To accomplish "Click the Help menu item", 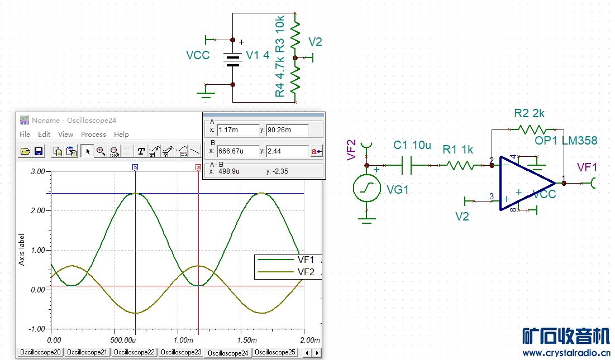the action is [x=121, y=135].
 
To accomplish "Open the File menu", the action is [x=25, y=135].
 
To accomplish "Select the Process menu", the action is [x=93, y=135].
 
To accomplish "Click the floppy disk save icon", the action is [x=39, y=151].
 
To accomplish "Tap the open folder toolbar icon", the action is [x=25, y=151].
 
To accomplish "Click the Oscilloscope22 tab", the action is [x=134, y=352].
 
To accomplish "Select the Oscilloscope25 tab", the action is [x=275, y=352].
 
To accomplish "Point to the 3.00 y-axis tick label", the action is [x=38, y=171].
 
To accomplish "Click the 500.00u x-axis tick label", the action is [x=123, y=340].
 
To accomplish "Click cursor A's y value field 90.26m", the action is [x=287, y=130].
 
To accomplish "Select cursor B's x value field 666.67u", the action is [x=238, y=151].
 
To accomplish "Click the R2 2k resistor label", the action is [x=529, y=114].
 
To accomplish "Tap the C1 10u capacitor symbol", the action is [x=406, y=166].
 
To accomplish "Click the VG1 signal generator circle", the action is [x=367, y=189].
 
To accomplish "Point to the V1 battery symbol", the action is [x=232, y=59].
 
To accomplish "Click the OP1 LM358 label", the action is [x=566, y=141].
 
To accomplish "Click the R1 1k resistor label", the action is [x=457, y=150].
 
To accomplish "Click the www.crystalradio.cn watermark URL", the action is [x=566, y=353].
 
